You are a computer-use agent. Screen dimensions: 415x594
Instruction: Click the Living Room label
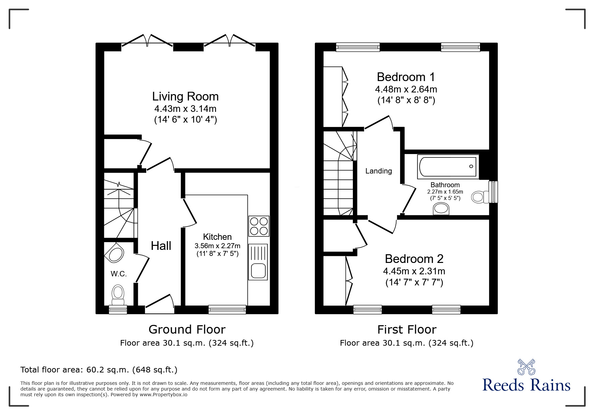(185, 96)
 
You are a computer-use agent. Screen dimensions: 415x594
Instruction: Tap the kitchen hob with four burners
(259, 226)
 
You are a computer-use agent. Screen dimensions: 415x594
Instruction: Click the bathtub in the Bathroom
(447, 166)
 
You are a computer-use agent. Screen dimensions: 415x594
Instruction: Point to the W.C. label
(119, 274)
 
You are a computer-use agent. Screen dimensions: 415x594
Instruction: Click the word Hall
(161, 246)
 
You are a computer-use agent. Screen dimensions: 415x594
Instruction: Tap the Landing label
(378, 171)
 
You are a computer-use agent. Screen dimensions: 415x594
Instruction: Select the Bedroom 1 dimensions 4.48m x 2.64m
(406, 89)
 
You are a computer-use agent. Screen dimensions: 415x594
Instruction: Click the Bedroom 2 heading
(414, 259)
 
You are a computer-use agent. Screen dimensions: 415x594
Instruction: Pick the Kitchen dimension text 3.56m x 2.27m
(217, 246)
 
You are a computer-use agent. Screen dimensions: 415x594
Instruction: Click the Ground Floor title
(187, 330)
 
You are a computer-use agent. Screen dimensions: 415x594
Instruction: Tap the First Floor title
(407, 330)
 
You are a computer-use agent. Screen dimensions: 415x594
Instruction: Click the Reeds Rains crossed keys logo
(526, 367)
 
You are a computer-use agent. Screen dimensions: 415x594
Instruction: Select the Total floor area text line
(99, 370)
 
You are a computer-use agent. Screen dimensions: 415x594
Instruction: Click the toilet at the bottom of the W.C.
(118, 293)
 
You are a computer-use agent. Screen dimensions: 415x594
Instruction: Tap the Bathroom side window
(493, 192)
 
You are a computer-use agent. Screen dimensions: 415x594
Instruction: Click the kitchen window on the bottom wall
(227, 309)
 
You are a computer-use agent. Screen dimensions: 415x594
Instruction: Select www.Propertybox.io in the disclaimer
(163, 395)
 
